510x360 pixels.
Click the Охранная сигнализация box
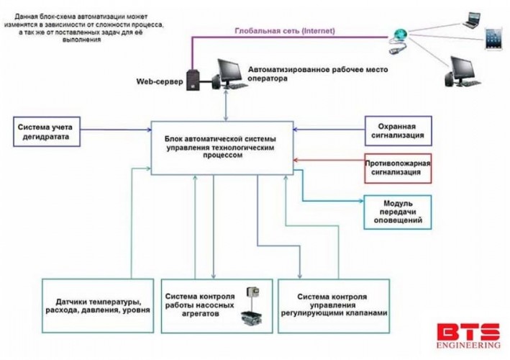[x=398, y=130]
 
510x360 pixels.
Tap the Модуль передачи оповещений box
[x=398, y=210]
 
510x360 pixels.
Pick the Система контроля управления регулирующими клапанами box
[x=337, y=305]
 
